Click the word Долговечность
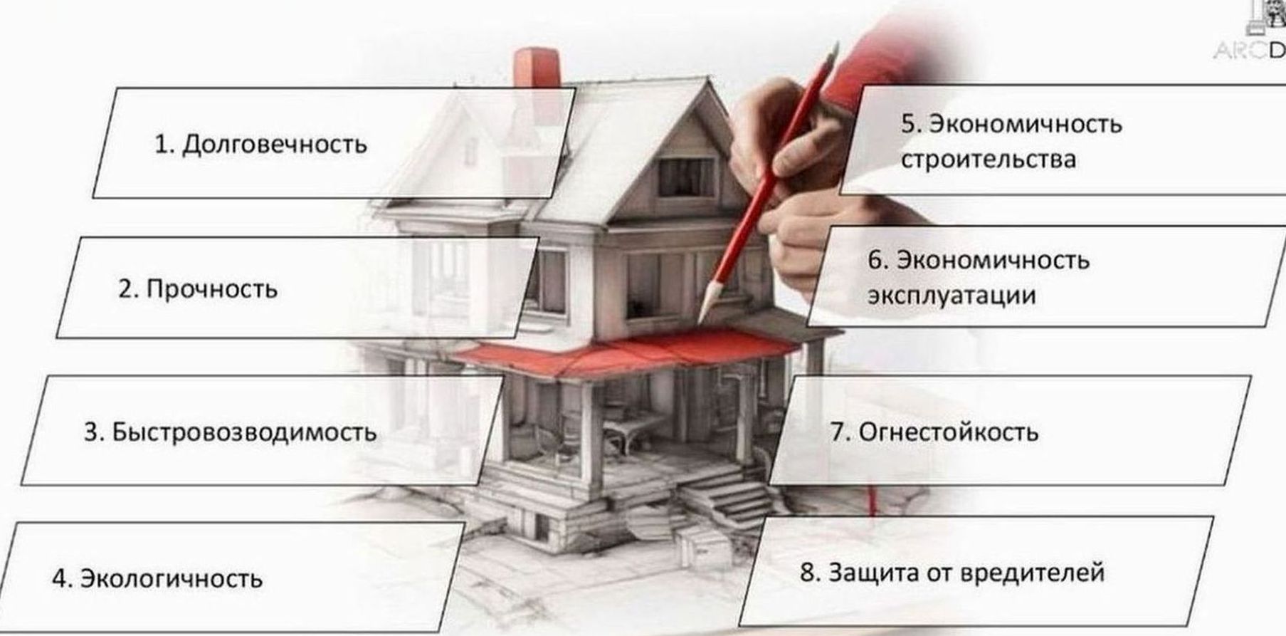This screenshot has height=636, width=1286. pyautogui.click(x=275, y=145)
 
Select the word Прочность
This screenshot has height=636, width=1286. pyautogui.click(x=211, y=289)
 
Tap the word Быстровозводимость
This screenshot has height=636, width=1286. pyautogui.click(x=244, y=432)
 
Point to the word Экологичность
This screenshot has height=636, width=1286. pyautogui.click(x=170, y=578)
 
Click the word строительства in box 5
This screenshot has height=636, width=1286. pyautogui.click(x=988, y=159)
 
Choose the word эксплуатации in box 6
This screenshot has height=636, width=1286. pyautogui.click(x=951, y=295)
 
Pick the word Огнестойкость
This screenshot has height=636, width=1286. pyautogui.click(x=948, y=432)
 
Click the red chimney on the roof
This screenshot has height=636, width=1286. pyautogui.click(x=537, y=67)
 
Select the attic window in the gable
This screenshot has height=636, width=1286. pyautogui.click(x=685, y=177)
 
